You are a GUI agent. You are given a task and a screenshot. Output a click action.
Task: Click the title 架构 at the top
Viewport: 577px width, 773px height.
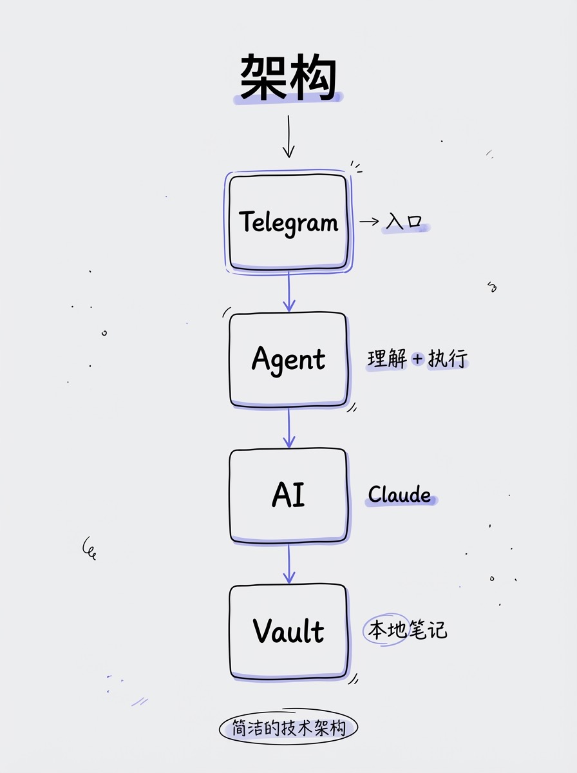pos(288,77)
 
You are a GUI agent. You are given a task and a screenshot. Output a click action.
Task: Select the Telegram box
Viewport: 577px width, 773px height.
pos(288,222)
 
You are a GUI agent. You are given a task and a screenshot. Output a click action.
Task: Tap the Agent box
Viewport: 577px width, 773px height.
pos(288,359)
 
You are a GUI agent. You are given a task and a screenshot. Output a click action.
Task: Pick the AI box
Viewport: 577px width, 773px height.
pos(288,495)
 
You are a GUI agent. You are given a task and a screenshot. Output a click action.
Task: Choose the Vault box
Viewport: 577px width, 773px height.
pos(288,631)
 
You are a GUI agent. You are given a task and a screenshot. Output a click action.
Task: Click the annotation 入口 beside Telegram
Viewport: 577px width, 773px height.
pos(404,222)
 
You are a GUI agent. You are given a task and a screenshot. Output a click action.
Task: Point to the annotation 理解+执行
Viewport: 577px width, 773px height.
pos(417,359)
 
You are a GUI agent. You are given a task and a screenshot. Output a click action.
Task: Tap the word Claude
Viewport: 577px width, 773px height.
pos(400,495)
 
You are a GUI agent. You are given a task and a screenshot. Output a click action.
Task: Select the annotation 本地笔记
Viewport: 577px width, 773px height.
pos(406,630)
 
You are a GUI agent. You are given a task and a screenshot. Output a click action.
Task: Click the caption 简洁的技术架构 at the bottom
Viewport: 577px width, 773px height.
pos(288,729)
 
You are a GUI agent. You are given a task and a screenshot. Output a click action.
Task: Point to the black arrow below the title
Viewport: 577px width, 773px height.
pos(288,137)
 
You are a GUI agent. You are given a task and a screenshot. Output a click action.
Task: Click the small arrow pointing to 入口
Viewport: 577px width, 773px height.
pos(370,222)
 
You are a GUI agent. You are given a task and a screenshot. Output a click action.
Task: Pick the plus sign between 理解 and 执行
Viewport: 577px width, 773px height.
pos(417,359)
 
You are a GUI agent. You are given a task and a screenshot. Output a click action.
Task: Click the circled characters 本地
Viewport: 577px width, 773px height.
pos(386,630)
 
